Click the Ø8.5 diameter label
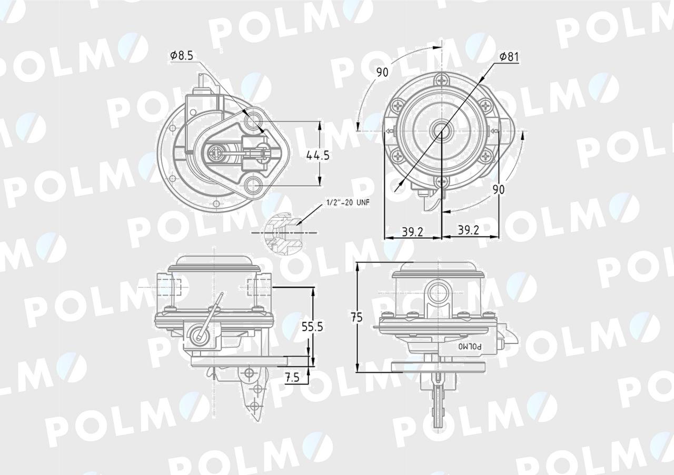pyautogui.click(x=181, y=55)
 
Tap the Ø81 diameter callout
pyautogui.click(x=509, y=56)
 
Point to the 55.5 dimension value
pyautogui.click(x=312, y=326)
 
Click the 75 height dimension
pyautogui.click(x=357, y=317)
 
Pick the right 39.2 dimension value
pyautogui.click(x=468, y=230)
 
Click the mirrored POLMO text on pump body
pyautogui.click(x=470, y=346)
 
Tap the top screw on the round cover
pyautogui.click(x=441, y=80)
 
